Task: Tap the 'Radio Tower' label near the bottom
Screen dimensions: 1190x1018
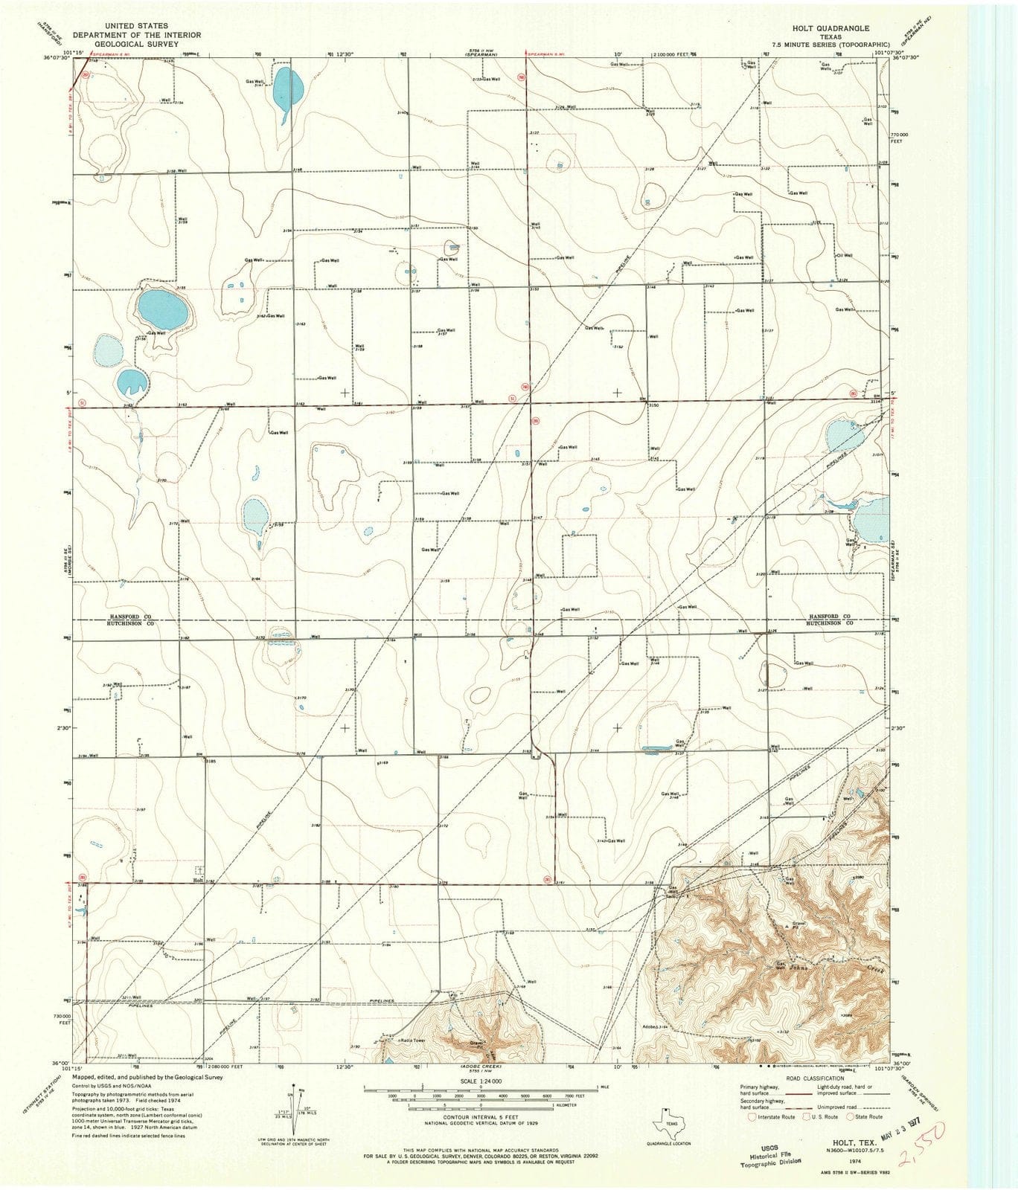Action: (413, 1040)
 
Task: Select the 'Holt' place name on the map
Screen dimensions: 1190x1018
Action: (198, 880)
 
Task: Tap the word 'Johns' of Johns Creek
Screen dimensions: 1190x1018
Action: (798, 968)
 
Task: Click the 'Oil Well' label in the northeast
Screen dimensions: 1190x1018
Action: (844, 255)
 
